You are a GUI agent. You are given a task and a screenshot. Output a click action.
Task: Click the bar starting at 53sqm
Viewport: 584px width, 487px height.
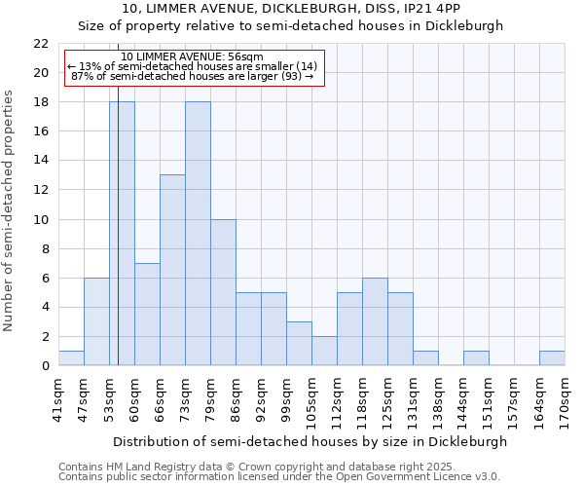[122, 234]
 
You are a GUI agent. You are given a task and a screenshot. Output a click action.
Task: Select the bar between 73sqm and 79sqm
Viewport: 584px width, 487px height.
[198, 234]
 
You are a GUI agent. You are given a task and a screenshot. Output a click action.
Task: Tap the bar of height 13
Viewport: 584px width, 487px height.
[172, 270]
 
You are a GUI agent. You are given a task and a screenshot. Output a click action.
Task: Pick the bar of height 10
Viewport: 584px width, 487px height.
[223, 292]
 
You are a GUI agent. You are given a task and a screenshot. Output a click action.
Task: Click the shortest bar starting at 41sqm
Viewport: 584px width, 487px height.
[71, 358]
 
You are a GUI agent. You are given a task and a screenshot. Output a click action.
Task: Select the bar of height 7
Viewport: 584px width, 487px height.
[147, 314]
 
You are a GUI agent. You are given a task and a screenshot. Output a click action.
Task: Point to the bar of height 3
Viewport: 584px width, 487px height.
[299, 343]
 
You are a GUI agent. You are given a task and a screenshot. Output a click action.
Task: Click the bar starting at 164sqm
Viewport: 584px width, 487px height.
[552, 358]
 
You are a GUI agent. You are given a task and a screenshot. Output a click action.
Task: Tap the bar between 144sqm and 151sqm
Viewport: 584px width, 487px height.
[476, 358]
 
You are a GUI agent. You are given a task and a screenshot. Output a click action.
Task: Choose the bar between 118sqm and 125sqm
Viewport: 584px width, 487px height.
[375, 321]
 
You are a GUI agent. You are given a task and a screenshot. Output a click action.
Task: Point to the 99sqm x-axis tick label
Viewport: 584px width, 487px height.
[286, 399]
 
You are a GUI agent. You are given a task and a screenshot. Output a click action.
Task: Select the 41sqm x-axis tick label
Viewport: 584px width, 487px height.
[58, 399]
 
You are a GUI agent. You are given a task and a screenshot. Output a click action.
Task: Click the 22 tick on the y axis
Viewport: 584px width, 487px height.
[41, 44]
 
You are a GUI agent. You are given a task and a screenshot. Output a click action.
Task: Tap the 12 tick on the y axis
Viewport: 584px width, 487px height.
[41, 190]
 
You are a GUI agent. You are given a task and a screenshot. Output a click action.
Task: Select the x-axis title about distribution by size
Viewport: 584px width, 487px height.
[311, 441]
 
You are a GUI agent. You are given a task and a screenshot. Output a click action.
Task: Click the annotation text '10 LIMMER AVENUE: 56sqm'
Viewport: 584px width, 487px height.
[192, 57]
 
